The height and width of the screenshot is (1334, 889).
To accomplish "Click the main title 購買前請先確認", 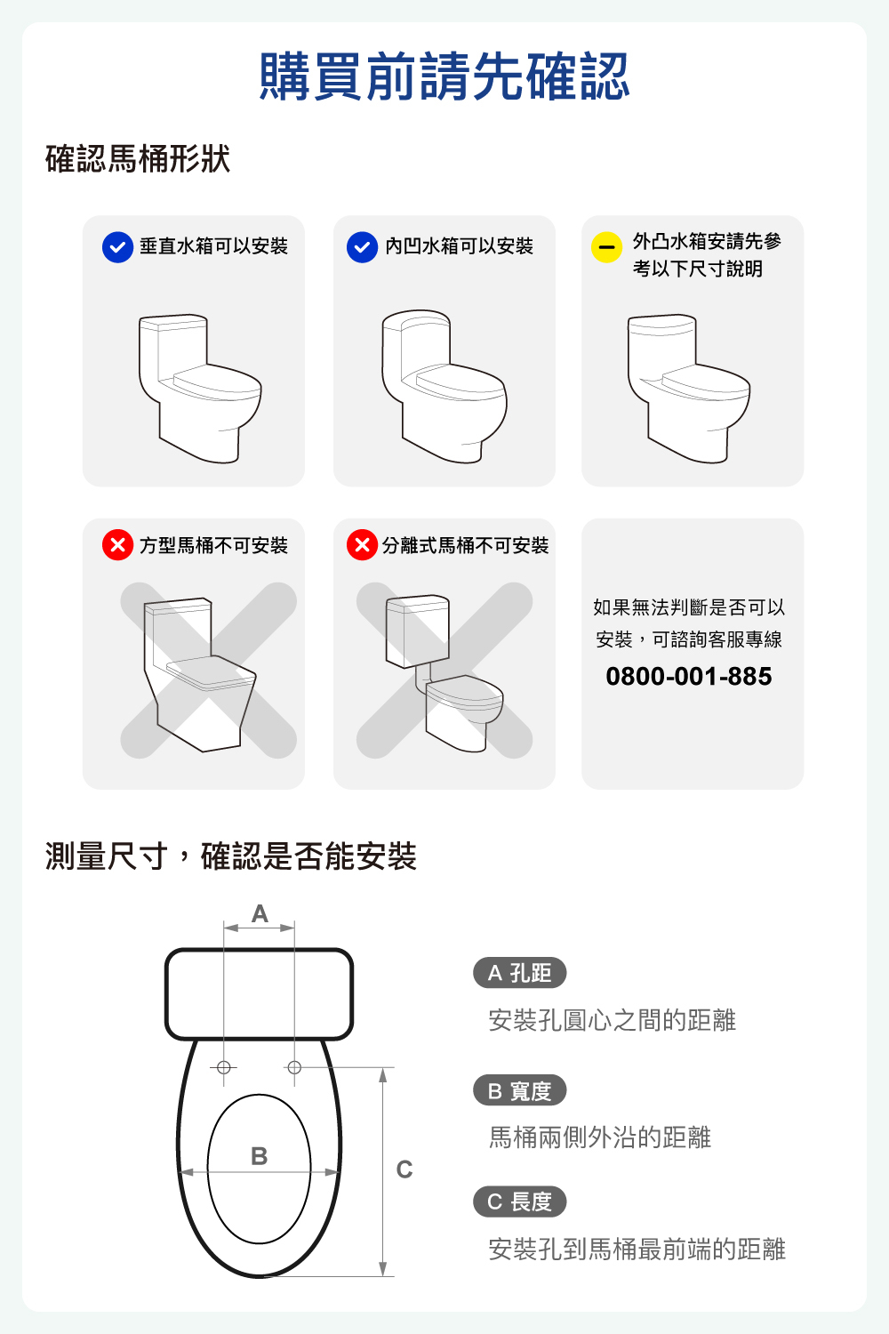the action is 444,76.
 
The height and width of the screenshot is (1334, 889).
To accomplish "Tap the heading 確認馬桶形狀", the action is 138,158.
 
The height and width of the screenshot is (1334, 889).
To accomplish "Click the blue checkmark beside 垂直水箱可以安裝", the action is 118,247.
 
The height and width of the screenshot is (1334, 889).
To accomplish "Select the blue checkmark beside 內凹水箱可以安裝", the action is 362,247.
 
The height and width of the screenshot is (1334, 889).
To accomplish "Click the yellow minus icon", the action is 606,247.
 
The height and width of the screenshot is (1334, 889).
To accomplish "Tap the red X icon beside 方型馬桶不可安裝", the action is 118,544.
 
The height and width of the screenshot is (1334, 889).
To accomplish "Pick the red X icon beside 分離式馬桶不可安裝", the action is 362,544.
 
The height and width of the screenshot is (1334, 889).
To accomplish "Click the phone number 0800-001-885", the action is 689,677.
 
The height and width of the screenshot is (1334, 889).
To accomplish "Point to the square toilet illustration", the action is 200,674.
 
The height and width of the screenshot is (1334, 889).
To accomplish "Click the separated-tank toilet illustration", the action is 444,673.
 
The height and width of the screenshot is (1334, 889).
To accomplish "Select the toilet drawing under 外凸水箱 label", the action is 688,389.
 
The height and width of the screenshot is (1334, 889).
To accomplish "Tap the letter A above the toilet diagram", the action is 260,913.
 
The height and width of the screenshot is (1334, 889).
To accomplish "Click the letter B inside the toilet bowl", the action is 259,1156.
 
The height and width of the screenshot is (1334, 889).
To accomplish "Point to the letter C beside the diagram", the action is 404,1169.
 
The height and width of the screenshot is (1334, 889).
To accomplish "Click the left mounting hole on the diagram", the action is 224,1068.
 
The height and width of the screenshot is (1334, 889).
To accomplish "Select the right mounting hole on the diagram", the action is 294,1068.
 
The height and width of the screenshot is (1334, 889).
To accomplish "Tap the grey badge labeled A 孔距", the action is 519,973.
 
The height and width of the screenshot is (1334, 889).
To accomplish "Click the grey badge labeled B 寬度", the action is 519,1090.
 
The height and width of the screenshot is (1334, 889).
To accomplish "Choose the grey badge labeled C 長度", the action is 519,1201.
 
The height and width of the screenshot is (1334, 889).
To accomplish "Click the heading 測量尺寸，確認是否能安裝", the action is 231,856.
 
